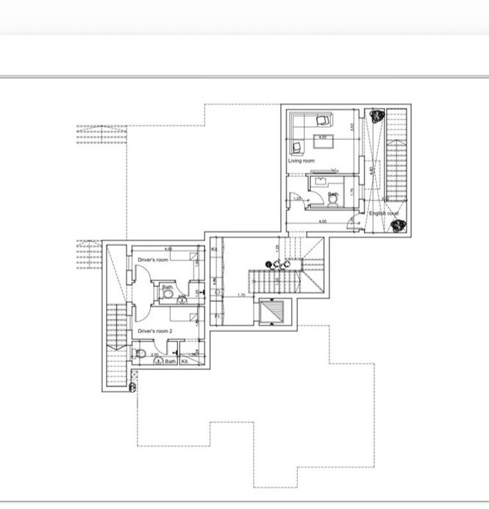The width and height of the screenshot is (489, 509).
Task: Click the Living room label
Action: point(301,160)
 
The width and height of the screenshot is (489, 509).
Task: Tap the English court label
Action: point(384,213)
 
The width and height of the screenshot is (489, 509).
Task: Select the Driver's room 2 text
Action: point(155,332)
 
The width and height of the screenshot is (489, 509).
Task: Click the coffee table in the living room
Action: point(323,138)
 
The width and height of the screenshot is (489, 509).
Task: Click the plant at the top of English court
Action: point(376,116)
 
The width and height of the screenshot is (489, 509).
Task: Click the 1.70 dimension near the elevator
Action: point(240,296)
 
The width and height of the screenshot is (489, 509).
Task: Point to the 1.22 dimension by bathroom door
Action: point(297,198)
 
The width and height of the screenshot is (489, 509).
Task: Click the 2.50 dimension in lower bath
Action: point(155,355)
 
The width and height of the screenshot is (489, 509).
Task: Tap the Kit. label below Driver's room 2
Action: point(185,361)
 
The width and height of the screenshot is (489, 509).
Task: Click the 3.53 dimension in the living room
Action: point(352,127)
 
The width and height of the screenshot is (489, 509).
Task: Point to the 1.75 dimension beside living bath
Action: point(352,191)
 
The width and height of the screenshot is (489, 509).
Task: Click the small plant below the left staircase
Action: point(134,384)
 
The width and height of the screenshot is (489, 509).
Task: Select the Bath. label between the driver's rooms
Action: point(167,288)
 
